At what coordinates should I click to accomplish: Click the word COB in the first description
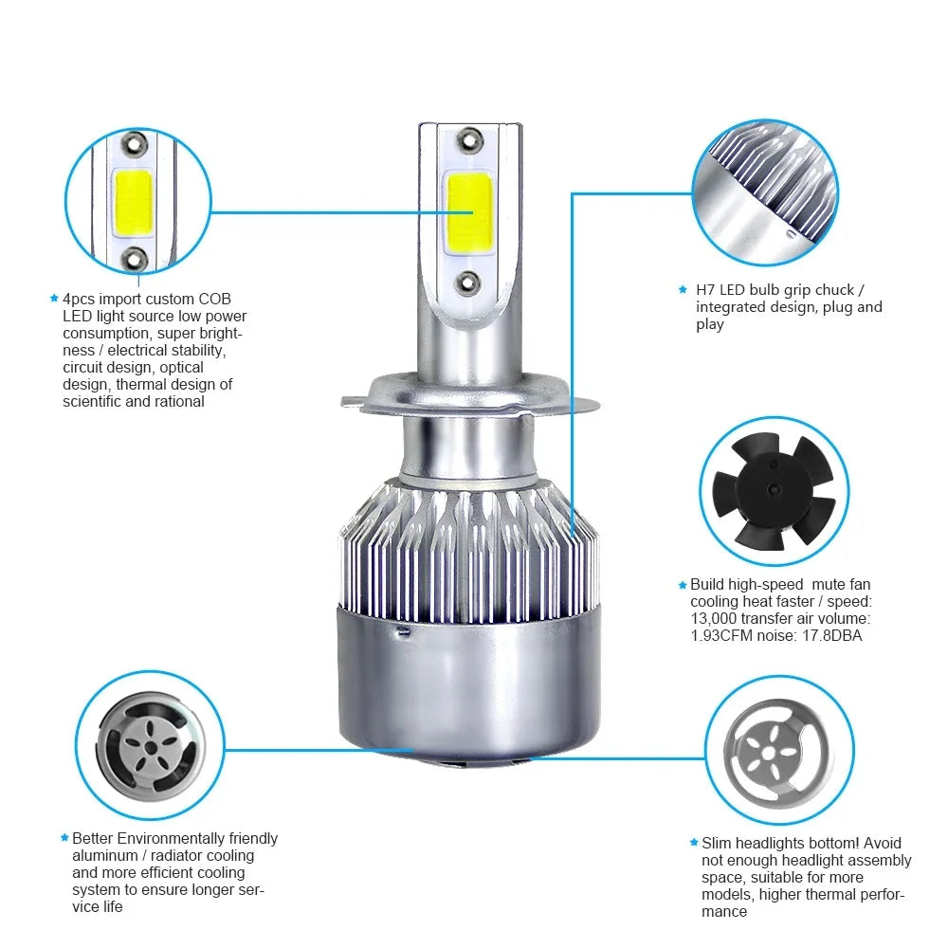point(214,299)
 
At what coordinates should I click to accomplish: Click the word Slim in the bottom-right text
point(718,843)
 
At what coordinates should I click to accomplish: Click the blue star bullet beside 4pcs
point(54,299)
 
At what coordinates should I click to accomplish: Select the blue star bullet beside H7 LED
point(683,289)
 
